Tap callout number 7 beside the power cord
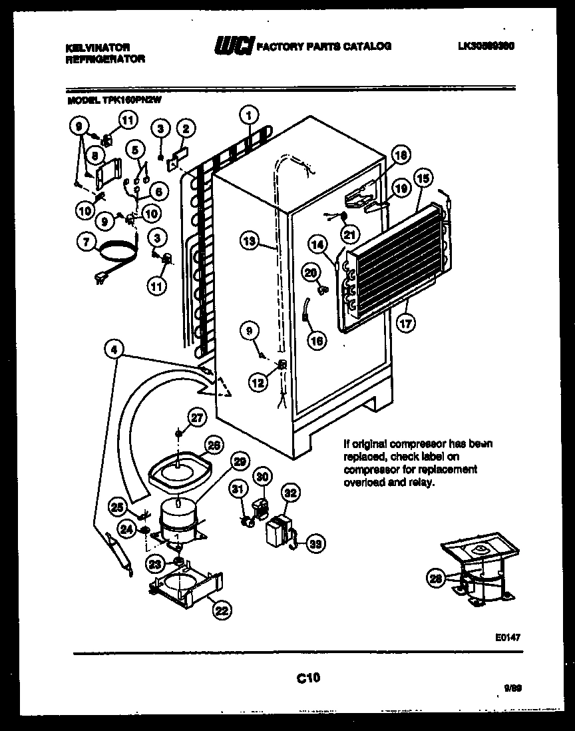[85, 243]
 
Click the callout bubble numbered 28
[437, 579]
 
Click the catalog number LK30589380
[488, 47]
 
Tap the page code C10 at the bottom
[308, 678]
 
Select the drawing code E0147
[507, 637]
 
